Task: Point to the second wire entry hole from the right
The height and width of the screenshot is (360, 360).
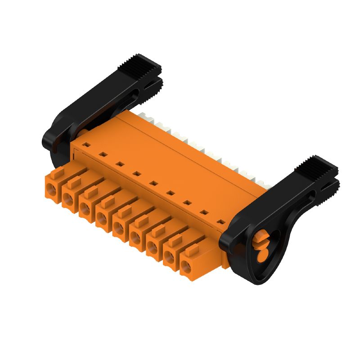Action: pyautogui.click(x=169, y=257)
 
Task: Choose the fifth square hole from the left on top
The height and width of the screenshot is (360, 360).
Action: pyautogui.click(x=153, y=183)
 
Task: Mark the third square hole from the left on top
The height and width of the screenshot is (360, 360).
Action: pyautogui.click(x=120, y=164)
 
